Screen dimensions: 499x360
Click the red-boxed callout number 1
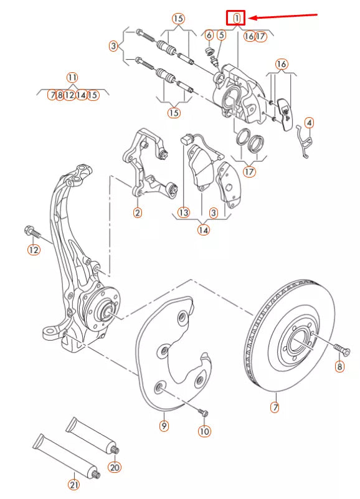236,19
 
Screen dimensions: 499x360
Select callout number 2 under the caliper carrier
137,212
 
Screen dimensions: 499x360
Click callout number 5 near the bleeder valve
221,36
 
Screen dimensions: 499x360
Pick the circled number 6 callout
209,36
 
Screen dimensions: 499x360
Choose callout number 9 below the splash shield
164,426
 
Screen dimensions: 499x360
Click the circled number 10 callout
204,430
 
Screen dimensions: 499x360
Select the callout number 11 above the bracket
73,78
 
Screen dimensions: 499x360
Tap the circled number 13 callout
183,212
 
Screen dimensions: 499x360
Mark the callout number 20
114,467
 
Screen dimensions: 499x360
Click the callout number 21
74,484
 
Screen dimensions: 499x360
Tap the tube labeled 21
65,458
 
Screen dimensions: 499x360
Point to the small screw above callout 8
339,346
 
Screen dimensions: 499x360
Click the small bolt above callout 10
203,412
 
